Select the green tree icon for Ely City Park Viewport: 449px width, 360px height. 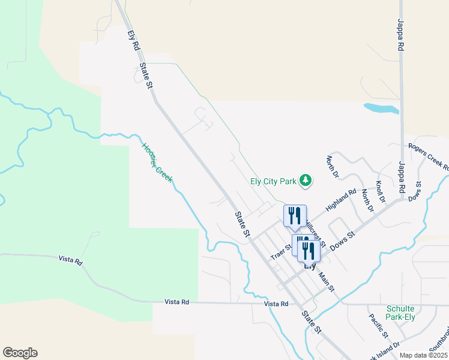pyautogui.click(x=306, y=181)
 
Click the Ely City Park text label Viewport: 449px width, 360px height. pyautogui.click(x=274, y=181)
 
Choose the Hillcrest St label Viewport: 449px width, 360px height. pyautogui.click(x=314, y=233)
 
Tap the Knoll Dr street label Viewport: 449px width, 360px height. pyautogui.click(x=380, y=191)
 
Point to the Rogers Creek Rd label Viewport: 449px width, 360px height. pyautogui.click(x=429, y=155)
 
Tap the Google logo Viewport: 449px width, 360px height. pyautogui.click(x=20, y=353)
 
